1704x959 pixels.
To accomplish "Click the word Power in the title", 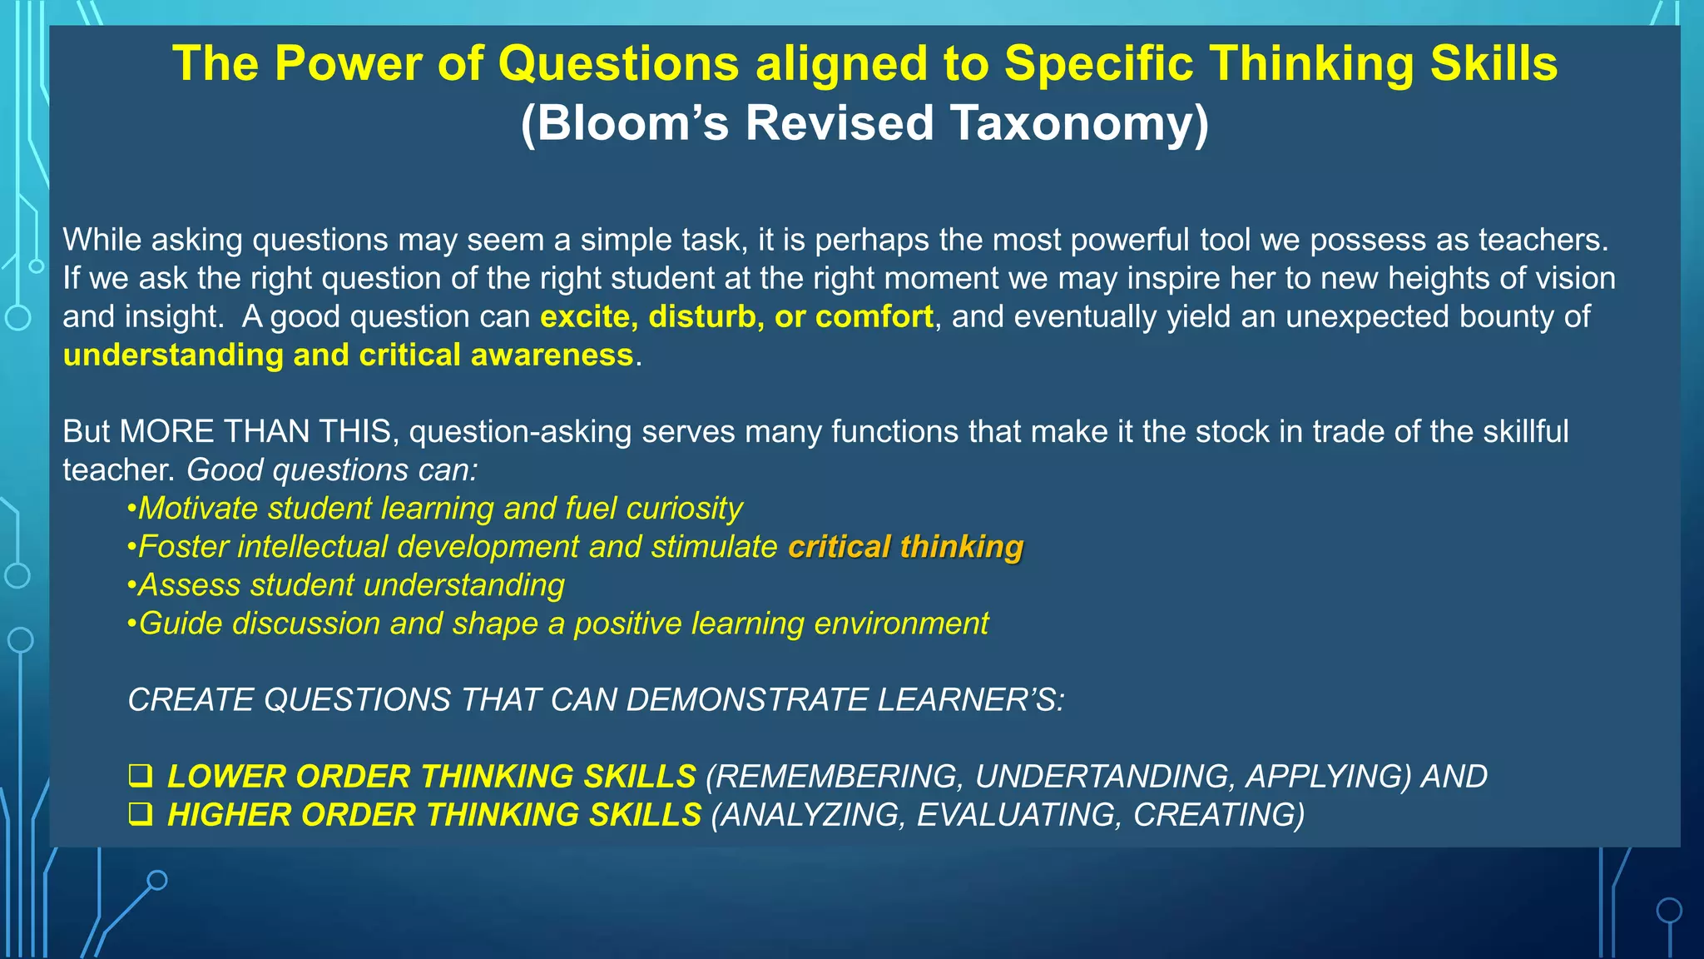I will click(x=349, y=63).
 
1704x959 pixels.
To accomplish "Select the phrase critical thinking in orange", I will click(x=905, y=547).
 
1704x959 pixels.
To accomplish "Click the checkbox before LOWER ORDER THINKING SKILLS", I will click(x=140, y=776).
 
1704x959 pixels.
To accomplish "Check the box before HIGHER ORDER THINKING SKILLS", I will click(x=140, y=814).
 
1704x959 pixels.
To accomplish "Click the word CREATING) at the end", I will click(x=1219, y=814).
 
